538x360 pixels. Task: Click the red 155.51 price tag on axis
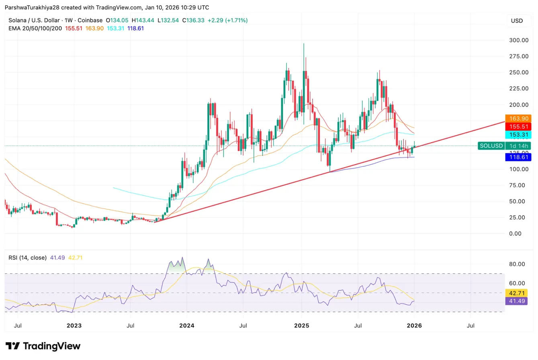(x=521, y=127)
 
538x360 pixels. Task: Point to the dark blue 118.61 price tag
(x=521, y=157)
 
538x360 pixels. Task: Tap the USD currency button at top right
(x=517, y=20)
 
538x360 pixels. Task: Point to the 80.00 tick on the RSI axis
(x=518, y=264)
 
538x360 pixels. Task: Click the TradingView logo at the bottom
(x=43, y=346)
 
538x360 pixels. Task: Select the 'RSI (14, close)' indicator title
(x=27, y=258)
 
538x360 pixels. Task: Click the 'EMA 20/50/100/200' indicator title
(x=35, y=28)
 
